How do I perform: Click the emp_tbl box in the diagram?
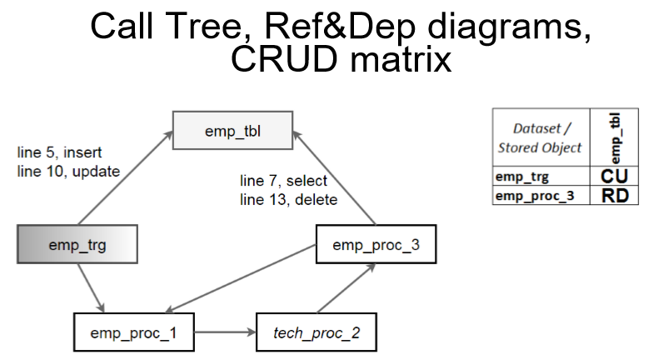click(232, 130)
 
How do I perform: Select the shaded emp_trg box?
click(77, 244)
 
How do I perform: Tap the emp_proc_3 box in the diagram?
click(376, 244)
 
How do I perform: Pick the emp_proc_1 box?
click(134, 332)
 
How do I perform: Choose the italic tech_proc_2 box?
click(317, 332)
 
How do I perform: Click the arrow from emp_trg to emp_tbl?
click(125, 177)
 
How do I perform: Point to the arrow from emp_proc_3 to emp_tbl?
click(334, 177)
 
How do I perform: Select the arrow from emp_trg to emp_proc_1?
click(91, 288)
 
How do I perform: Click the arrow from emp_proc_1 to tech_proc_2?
click(225, 332)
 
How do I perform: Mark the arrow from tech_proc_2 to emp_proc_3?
click(346, 288)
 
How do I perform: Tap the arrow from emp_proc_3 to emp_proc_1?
click(240, 278)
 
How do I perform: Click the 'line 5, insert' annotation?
click(59, 152)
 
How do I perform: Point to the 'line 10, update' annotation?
click(68, 172)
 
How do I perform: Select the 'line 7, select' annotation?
click(283, 181)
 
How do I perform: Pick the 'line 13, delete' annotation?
click(288, 200)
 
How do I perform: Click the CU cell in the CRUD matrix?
click(614, 177)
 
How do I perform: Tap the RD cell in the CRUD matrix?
click(614, 196)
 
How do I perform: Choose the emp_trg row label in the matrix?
click(522, 177)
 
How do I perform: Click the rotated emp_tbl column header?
click(615, 138)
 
